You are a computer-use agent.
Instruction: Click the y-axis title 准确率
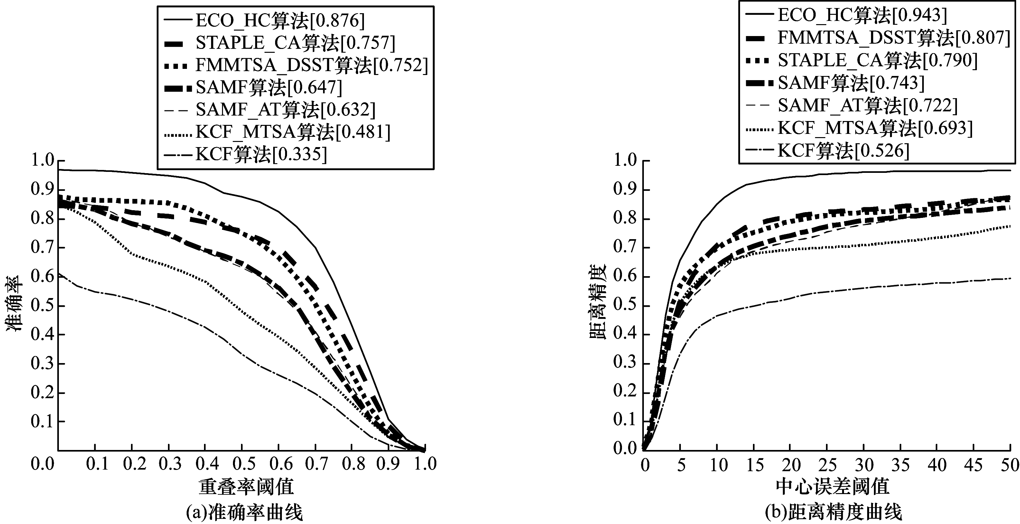pos(14,304)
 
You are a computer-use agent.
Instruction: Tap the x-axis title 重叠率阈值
pos(246,487)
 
